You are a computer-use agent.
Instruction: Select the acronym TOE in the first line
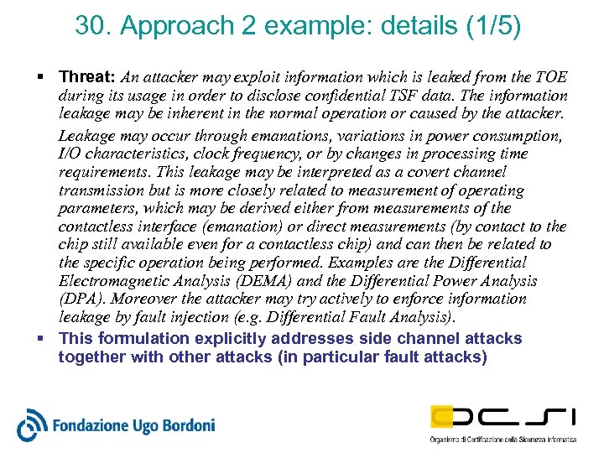click(550, 77)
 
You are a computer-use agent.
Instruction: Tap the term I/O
click(70, 154)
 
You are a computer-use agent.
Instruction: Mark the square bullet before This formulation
click(42, 338)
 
